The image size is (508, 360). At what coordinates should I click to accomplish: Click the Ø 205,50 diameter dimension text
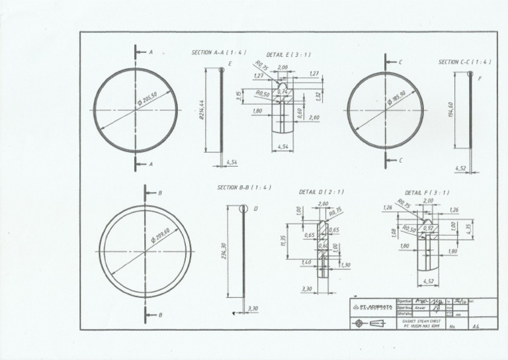pos(151,98)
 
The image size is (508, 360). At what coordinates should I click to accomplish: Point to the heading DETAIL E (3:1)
pos(288,54)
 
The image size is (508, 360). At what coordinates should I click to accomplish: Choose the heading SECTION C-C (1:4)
pos(464,62)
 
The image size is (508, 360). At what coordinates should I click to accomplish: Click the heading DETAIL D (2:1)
pos(321,192)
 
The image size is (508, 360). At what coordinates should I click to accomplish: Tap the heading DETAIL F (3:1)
pos(427,193)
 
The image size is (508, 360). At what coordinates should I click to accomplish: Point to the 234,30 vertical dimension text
pos(224,251)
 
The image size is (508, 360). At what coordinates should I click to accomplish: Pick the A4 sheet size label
pos(475,326)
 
